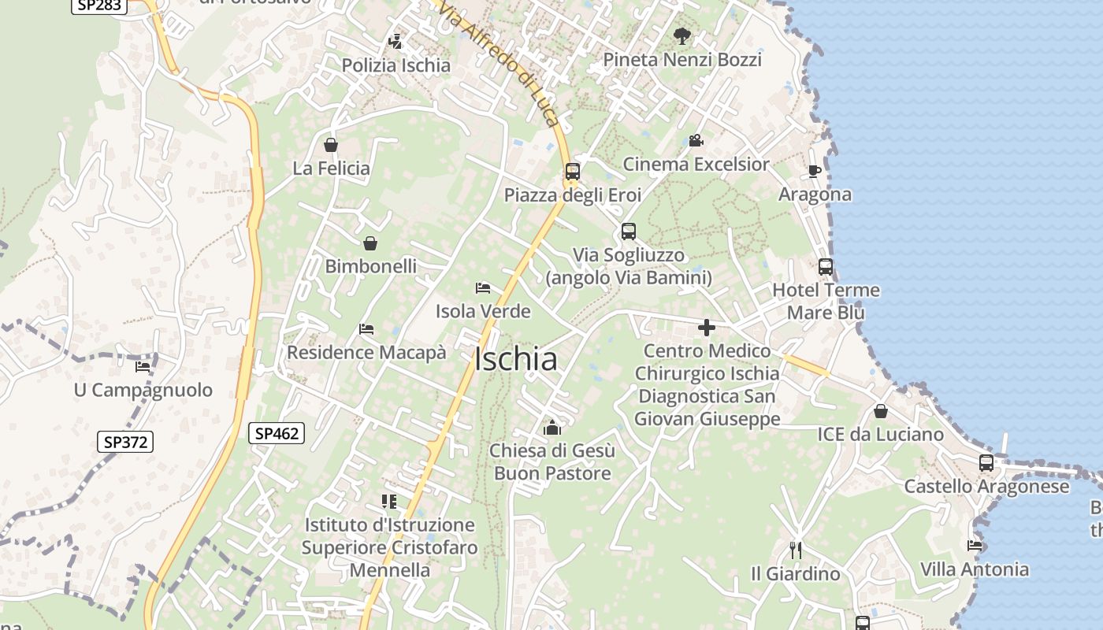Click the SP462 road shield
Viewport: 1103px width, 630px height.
277,432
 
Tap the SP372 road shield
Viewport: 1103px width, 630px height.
125,442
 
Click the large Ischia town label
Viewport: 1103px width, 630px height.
515,359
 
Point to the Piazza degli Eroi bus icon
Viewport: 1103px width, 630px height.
573,171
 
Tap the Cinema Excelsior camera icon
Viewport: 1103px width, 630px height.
696,141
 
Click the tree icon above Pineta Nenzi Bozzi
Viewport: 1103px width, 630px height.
682,35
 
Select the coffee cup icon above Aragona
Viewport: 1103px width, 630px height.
815,171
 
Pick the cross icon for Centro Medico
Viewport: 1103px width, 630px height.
707,328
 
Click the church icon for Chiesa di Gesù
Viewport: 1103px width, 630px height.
552,428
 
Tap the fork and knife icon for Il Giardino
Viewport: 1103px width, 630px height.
796,550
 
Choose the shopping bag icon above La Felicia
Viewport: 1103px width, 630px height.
331,145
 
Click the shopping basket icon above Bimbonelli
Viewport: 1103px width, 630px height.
370,243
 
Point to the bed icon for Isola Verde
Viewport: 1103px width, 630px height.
483,288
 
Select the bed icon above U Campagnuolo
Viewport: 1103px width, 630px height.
143,366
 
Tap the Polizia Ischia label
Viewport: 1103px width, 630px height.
396,65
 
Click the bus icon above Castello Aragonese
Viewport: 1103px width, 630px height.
986,463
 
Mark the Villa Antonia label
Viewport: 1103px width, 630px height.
975,569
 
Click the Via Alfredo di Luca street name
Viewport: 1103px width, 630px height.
500,63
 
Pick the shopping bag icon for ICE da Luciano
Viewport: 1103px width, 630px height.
880,411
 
